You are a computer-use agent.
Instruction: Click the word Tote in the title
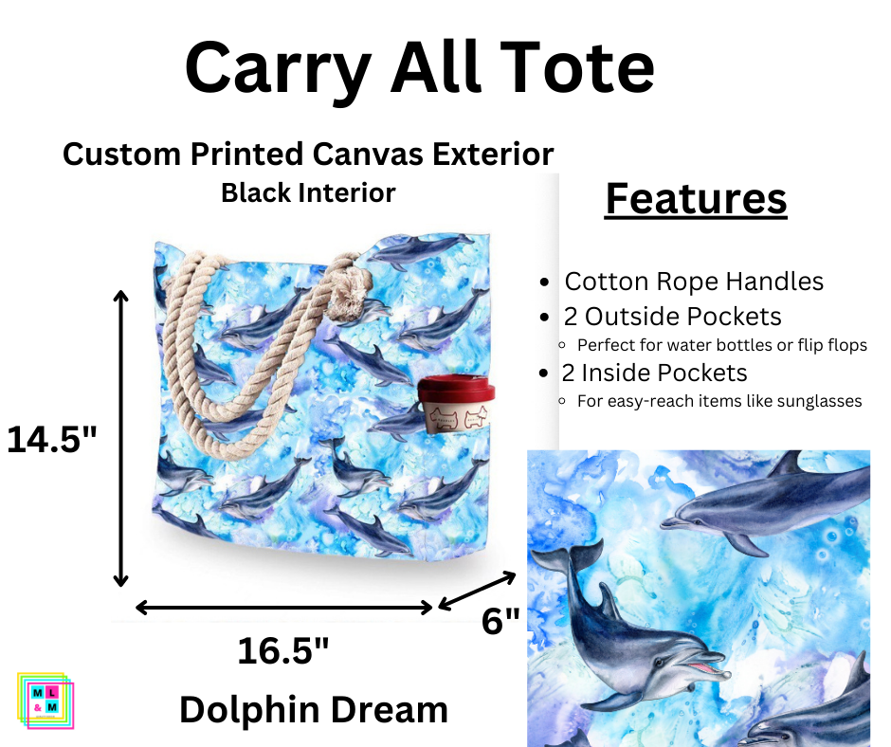click(x=580, y=68)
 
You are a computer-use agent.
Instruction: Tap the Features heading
click(x=696, y=199)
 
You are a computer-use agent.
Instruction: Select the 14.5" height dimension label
click(x=52, y=439)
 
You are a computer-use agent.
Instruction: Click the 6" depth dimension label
click(x=500, y=621)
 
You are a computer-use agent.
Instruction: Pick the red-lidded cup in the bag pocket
click(x=458, y=405)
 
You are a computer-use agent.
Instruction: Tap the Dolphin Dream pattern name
click(x=314, y=708)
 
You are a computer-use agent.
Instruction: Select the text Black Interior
click(x=308, y=193)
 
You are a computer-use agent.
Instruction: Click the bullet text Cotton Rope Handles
click(x=694, y=282)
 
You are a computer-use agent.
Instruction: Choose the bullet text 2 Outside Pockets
click(x=673, y=317)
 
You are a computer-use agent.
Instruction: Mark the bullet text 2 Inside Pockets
click(x=656, y=373)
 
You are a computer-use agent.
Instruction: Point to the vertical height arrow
click(x=120, y=438)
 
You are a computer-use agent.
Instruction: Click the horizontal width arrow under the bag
click(x=284, y=607)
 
